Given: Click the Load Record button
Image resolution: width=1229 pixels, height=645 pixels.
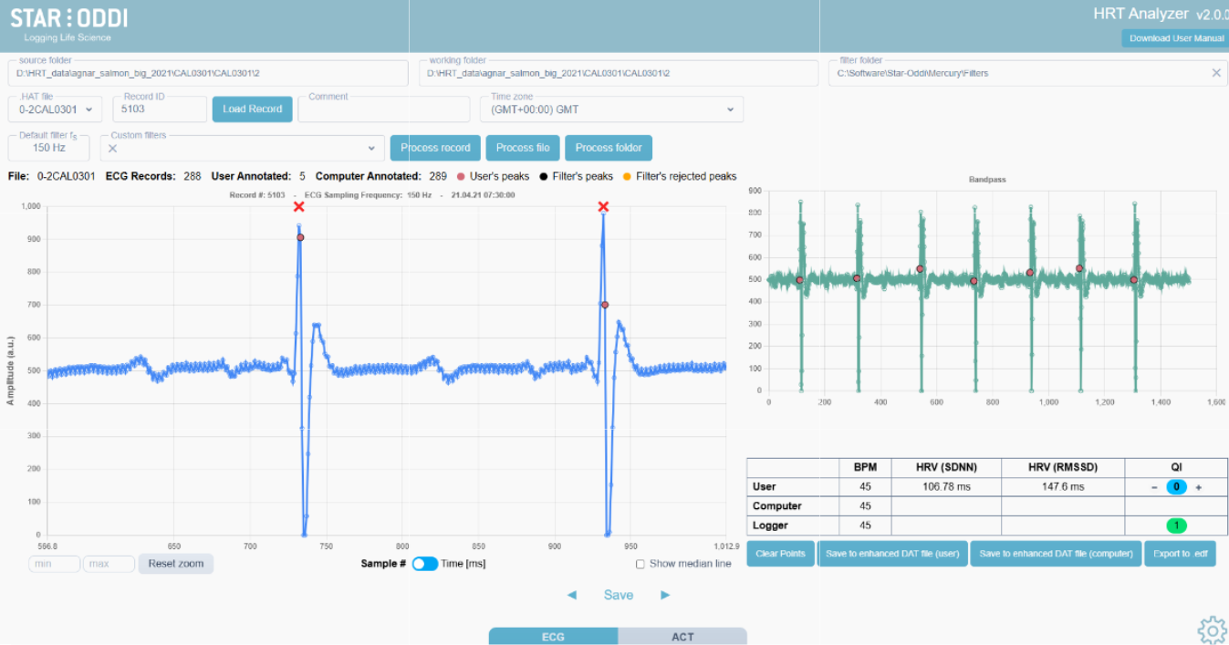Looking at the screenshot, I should (252, 109).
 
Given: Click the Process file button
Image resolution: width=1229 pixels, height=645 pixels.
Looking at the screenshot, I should (523, 148).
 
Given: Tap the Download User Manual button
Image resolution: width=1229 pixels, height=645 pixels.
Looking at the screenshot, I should (1176, 38).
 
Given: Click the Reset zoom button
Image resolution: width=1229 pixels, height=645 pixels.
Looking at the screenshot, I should (176, 564).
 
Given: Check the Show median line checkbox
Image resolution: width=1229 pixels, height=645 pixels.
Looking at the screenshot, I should (641, 564).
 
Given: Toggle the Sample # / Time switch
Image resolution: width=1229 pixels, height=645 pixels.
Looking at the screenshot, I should (424, 564).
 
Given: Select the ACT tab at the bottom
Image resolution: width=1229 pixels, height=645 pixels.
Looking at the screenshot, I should (682, 637).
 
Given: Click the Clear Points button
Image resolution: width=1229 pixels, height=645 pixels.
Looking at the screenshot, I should (780, 554).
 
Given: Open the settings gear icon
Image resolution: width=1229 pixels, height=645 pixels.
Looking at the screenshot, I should (1211, 629).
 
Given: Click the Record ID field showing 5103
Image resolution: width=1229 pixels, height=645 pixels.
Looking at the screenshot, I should (159, 109).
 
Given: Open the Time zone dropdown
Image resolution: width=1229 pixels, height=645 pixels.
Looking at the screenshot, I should (611, 109).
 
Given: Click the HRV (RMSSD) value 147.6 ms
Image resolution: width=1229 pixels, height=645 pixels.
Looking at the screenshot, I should (1062, 487).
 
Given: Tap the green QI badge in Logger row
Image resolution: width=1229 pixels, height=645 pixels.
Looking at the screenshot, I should (1176, 525).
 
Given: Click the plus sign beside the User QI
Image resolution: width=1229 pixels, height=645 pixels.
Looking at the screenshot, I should (1199, 487).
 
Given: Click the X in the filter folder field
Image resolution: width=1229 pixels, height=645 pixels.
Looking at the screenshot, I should (1215, 73).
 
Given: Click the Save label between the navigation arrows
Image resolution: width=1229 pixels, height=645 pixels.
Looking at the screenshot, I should (618, 595).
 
